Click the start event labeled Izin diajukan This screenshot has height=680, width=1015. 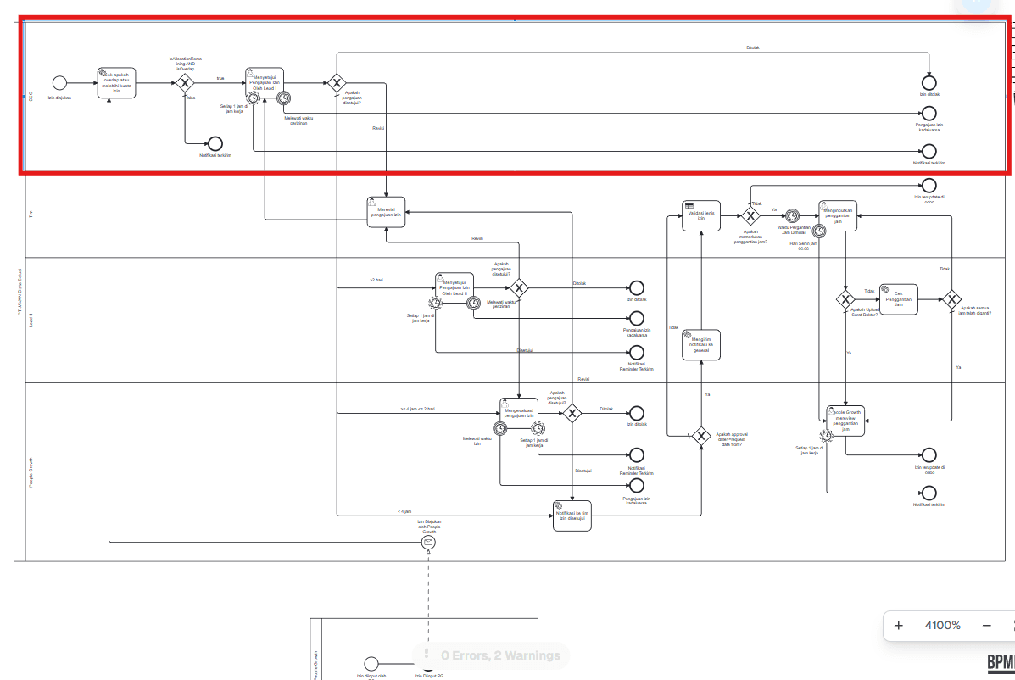tap(59, 83)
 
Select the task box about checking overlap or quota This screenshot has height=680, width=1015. tap(116, 83)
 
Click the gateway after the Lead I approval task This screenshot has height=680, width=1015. tap(337, 83)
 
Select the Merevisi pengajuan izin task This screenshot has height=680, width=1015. tap(387, 212)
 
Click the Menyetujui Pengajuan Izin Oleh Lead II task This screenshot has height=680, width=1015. tap(455, 288)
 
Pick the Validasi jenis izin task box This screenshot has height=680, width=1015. tap(701, 215)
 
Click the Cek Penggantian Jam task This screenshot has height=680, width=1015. tap(899, 298)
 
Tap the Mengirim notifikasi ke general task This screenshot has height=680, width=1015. tap(701, 344)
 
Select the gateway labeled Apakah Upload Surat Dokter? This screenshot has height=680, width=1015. tap(845, 298)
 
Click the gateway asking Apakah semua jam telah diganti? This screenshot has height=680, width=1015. tap(952, 298)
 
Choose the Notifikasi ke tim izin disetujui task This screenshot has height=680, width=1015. tap(572, 515)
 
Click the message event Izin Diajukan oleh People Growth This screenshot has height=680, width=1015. tap(428, 542)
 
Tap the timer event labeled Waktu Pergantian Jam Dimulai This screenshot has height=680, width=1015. tap(792, 215)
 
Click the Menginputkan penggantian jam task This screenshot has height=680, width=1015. tap(837, 215)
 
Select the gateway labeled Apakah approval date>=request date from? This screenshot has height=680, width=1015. tap(700, 436)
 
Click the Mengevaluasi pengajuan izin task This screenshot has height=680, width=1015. tap(519, 413)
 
